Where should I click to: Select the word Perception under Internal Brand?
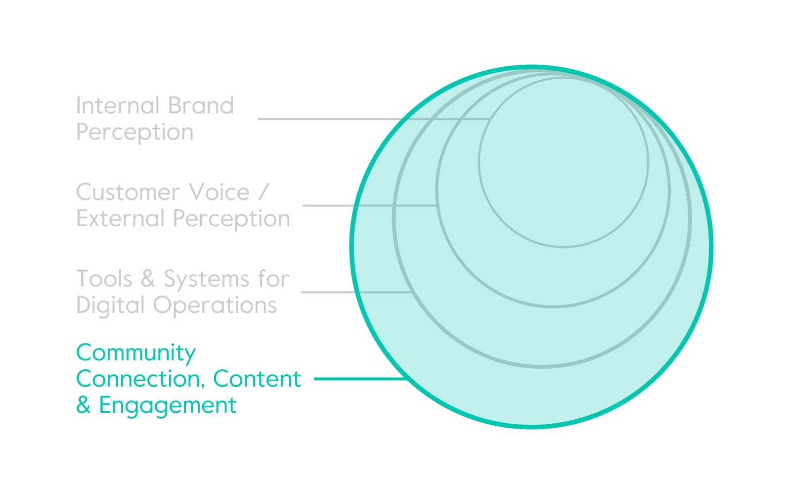click(134, 132)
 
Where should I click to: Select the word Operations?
click(215, 305)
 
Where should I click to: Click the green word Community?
click(136, 353)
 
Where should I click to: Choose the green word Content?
click(257, 379)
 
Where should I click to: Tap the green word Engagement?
click(168, 405)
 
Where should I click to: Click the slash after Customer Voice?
click(264, 193)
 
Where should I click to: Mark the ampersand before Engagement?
click(84, 405)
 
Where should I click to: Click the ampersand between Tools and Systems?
click(148, 279)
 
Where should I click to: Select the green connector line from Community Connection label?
click(360, 379)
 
